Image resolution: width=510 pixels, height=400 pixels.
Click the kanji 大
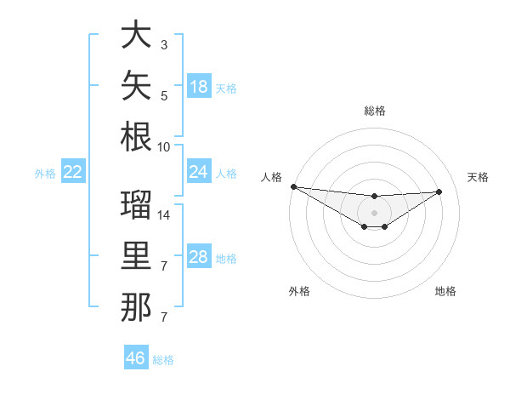136,34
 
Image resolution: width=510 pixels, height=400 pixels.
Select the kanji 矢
136,85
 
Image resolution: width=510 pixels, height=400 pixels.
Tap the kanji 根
136,137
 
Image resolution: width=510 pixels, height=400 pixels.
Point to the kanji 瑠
136,204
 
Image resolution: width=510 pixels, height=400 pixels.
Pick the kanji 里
136,255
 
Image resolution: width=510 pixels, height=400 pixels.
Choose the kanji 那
136,307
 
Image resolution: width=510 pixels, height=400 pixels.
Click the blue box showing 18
199,86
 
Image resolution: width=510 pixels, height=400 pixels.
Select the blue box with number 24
199,171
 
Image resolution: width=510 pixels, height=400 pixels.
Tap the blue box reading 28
199,255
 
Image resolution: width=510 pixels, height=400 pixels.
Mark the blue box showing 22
73,171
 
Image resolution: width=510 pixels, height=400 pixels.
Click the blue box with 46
136,357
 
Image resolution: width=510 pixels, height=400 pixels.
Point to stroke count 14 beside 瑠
163,215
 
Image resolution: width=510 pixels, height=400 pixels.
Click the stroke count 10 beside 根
163,147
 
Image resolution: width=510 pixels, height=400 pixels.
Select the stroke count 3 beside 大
164,45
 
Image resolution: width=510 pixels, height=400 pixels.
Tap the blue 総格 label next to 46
163,360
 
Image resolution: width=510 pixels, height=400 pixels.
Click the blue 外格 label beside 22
45,174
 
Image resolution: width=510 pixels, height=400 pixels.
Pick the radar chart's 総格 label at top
375,111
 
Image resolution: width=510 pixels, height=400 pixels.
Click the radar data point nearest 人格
294,186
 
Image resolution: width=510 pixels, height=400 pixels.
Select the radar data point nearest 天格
439,191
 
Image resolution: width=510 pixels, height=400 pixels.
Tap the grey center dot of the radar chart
374,213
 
